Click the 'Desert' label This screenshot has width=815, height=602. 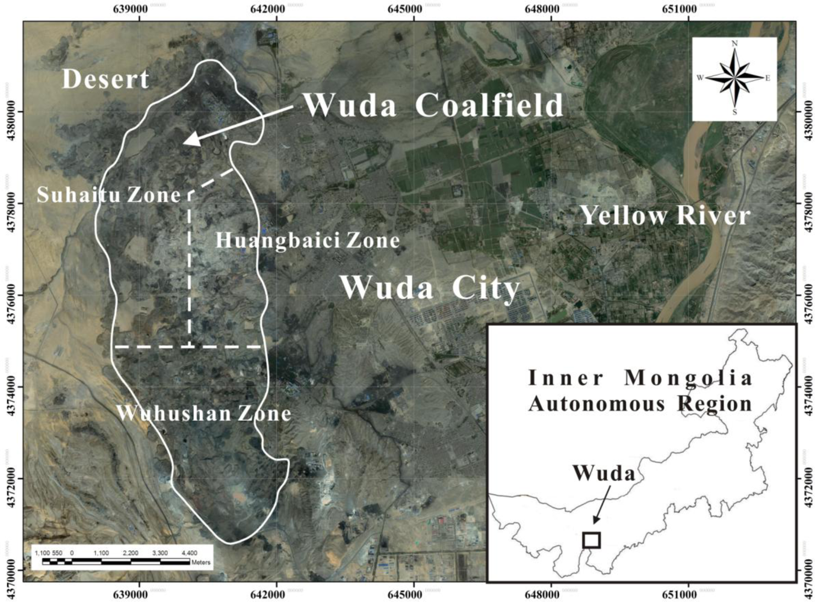coord(105,79)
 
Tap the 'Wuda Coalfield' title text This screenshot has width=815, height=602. coord(433,105)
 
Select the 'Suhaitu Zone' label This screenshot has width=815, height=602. coord(108,194)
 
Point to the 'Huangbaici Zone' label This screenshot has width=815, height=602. coord(308,240)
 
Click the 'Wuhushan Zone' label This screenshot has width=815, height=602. coord(203,413)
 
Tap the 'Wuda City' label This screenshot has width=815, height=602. coord(430,287)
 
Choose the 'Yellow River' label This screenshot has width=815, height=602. coord(665,215)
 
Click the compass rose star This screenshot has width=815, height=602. coord(734,78)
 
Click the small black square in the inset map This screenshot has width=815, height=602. coord(592,540)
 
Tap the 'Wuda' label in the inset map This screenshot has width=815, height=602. coord(604,473)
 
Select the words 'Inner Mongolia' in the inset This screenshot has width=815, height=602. coord(640,378)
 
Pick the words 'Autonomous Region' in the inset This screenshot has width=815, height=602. coord(640,403)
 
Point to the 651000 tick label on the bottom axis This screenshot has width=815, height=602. coord(679,595)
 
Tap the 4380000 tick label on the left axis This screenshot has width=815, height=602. coord(9,112)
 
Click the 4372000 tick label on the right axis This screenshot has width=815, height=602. coord(806,479)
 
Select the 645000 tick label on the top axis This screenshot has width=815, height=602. coord(404,8)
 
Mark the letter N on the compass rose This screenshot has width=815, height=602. coord(734,43)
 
